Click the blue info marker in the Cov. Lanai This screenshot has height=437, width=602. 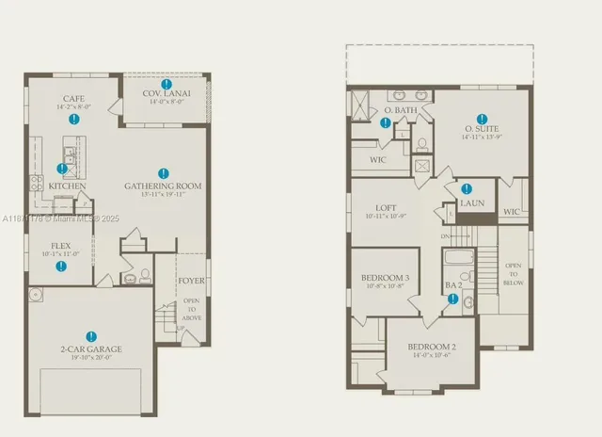pyautogui.click(x=166, y=84)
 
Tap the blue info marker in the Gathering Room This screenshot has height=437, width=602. pyautogui.click(x=164, y=173)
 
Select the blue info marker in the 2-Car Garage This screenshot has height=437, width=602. pyautogui.click(x=91, y=336)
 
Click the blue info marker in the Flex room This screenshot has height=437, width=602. pyautogui.click(x=61, y=267)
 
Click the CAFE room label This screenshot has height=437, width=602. pyautogui.click(x=73, y=99)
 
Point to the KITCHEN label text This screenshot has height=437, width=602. pyautogui.click(x=68, y=186)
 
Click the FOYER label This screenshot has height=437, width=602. pyautogui.click(x=191, y=281)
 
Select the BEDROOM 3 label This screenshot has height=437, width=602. pyautogui.click(x=385, y=278)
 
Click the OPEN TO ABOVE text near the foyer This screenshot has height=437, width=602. pyautogui.click(x=191, y=310)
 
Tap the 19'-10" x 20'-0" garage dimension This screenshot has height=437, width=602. pyautogui.click(x=92, y=358)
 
